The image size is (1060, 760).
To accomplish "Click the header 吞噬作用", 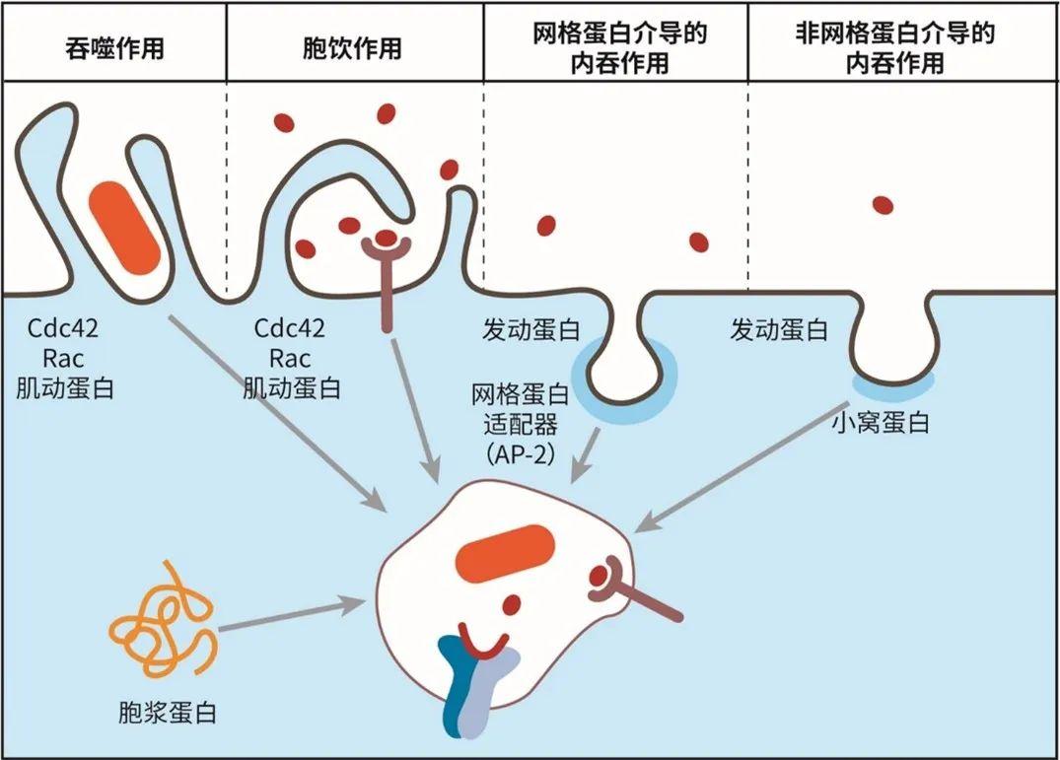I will [x=113, y=47].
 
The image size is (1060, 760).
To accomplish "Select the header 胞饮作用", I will [x=352, y=47].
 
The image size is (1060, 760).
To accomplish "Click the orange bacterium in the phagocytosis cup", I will [x=125, y=226].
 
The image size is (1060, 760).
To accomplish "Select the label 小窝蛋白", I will [x=881, y=423].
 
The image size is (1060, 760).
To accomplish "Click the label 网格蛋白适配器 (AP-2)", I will [x=521, y=425].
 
